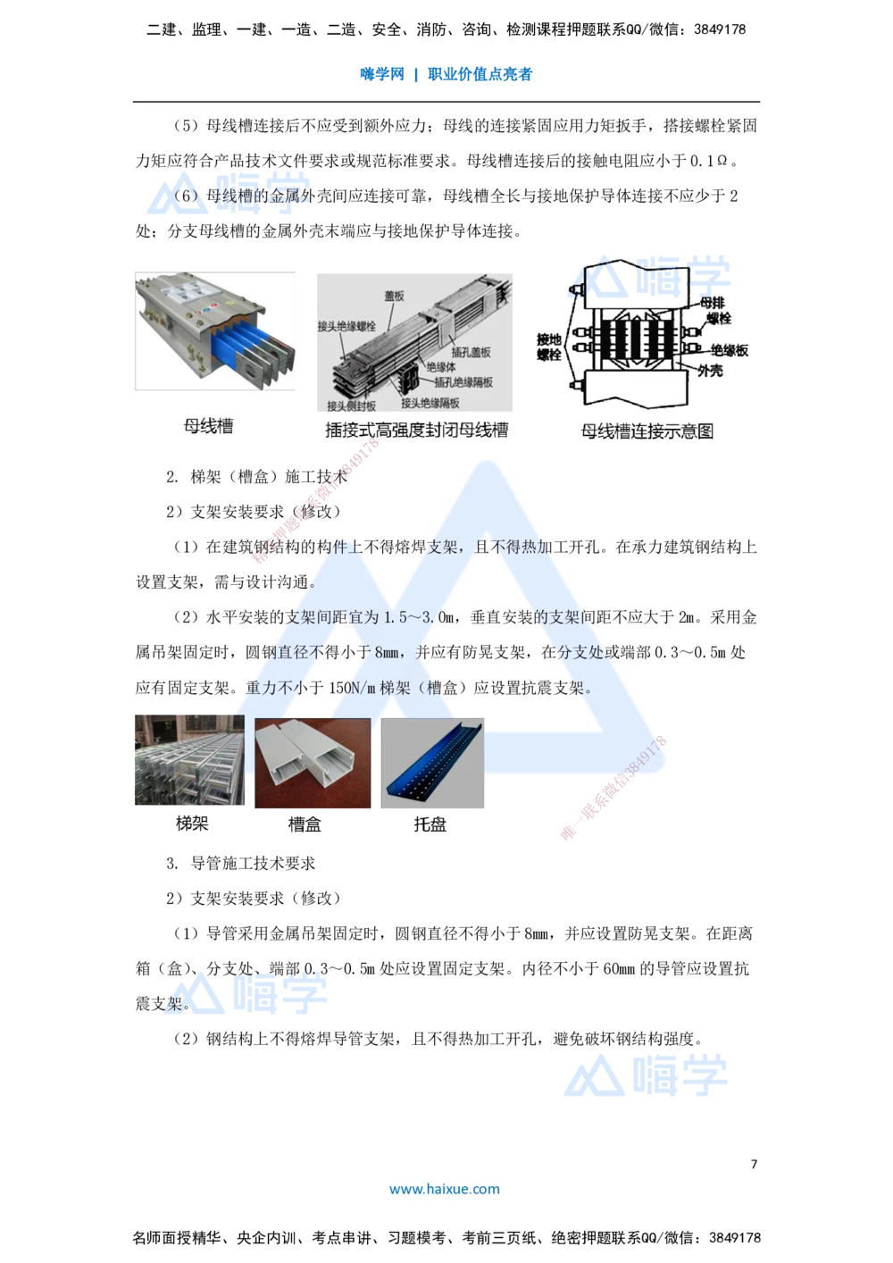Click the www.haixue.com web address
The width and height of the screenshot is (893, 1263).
point(445,1189)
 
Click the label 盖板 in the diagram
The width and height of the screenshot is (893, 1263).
point(395,296)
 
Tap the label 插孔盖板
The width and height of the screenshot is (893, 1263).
point(471,352)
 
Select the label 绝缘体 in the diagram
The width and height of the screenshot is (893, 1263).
point(441,366)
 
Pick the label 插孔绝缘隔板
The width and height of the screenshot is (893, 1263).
point(463,381)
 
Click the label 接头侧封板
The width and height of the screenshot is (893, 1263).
point(352,406)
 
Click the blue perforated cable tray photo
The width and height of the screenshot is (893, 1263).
point(433,765)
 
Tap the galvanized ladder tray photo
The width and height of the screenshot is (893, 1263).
point(188,761)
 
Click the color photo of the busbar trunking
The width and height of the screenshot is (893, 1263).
point(214,332)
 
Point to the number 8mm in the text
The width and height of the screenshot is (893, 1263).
point(387,653)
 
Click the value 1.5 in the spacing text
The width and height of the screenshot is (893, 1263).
point(396,617)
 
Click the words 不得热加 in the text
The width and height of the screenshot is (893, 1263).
point(523,548)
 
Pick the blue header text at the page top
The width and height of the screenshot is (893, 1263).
point(446,74)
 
